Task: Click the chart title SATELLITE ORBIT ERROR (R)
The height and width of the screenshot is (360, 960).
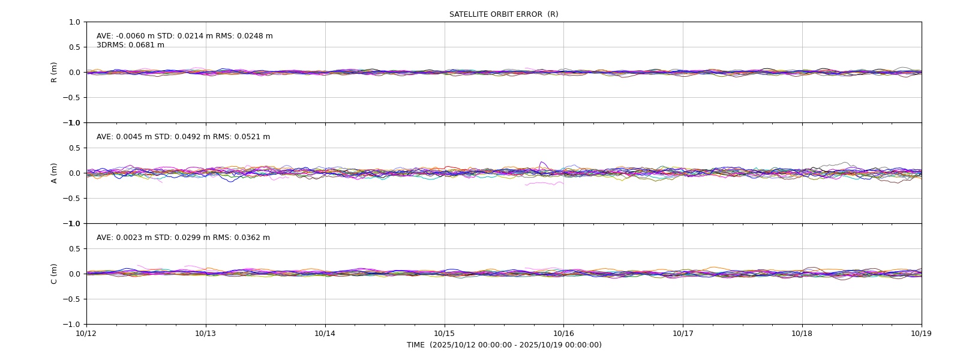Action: click(503, 14)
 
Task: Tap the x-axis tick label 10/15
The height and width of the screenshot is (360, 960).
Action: click(445, 334)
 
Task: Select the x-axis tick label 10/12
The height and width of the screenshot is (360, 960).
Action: click(86, 334)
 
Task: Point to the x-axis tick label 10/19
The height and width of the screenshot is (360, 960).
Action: click(922, 334)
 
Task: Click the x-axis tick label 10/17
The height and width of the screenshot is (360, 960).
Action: click(683, 334)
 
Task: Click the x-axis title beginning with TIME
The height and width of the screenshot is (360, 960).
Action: click(504, 345)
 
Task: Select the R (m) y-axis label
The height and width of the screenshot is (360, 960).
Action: click(54, 73)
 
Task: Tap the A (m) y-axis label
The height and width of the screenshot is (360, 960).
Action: click(54, 173)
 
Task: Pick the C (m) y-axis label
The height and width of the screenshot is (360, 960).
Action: click(54, 274)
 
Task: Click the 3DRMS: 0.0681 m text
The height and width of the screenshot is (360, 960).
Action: click(130, 45)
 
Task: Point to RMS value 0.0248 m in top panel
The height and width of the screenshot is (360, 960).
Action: click(254, 36)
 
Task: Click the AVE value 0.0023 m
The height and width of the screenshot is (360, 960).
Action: click(134, 238)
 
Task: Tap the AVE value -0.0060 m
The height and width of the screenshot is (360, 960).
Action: click(135, 36)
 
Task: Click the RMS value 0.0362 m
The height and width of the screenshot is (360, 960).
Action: click(251, 238)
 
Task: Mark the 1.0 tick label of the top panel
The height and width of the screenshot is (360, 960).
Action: click(74, 22)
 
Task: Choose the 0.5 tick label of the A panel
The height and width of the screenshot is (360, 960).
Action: click(74, 148)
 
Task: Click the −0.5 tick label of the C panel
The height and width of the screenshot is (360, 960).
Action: click(71, 299)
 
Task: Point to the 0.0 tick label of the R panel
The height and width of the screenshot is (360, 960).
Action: click(74, 73)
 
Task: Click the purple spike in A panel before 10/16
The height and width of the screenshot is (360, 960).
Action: click(542, 166)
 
